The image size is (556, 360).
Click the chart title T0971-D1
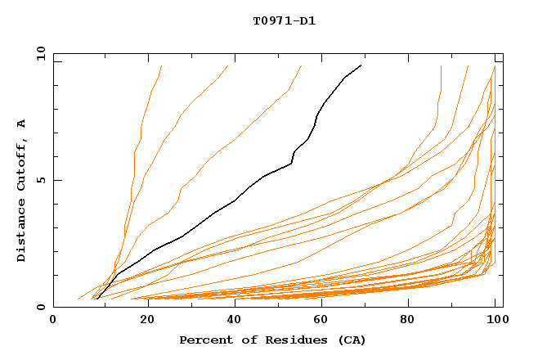click(x=284, y=20)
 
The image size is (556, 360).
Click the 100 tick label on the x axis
click(x=495, y=321)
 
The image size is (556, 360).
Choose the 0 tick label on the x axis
click(x=53, y=321)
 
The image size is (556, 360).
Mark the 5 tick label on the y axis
click(x=40, y=180)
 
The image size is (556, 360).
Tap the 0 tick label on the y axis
click(x=40, y=308)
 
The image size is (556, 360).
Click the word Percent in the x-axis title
click(x=204, y=340)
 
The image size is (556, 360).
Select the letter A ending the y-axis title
click(x=22, y=124)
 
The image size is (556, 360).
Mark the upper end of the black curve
click(x=361, y=65)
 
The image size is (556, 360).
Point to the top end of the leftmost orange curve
click(x=161, y=65)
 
